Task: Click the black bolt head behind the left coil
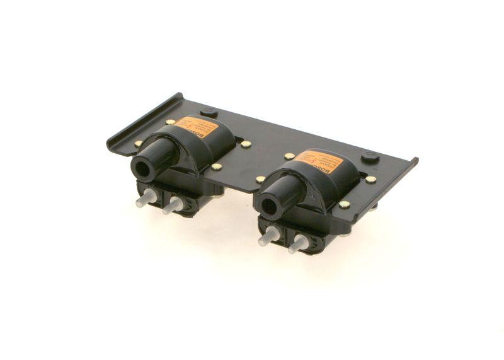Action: tap(209, 112)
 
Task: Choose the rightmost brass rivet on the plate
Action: tap(371, 180)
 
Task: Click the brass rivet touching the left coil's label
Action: tap(171, 122)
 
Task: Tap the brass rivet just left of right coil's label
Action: tap(289, 156)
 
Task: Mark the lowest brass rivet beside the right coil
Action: tap(344, 204)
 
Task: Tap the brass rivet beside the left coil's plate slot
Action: tap(246, 144)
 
